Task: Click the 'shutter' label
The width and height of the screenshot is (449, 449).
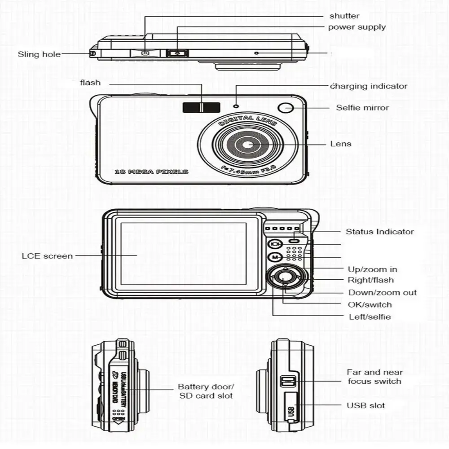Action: [x=344, y=16]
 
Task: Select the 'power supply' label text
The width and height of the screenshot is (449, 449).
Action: [x=357, y=27]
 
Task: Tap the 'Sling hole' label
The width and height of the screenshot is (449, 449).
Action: [x=39, y=54]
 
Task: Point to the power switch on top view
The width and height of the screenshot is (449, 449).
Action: [x=177, y=53]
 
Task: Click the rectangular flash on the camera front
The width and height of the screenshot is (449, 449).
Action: [x=201, y=107]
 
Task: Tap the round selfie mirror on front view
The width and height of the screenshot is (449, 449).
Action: [x=286, y=108]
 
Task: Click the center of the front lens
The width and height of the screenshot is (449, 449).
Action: [x=247, y=145]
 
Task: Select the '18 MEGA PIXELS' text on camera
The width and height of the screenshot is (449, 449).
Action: [x=151, y=172]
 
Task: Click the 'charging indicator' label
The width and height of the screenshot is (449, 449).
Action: [x=369, y=86]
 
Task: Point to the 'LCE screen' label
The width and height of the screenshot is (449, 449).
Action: [x=47, y=256]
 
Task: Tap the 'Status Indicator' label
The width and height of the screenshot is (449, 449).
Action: [x=379, y=232]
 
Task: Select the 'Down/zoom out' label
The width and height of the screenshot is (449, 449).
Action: [x=383, y=293]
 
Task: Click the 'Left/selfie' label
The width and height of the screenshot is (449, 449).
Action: [x=370, y=317]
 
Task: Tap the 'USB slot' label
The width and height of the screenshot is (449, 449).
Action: [x=365, y=405]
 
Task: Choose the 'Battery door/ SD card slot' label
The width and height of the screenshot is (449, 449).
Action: [x=206, y=391]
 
